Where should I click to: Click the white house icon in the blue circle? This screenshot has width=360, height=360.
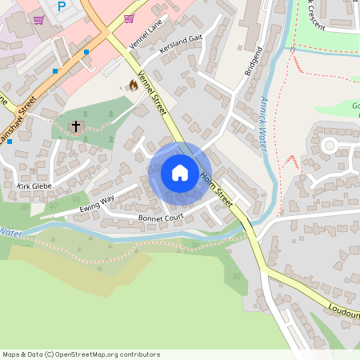tap(180, 173)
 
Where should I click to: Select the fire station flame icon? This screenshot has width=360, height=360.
tap(133, 84)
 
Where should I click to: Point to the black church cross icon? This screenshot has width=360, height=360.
tap(77, 126)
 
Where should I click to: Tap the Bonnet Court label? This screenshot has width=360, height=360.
tap(162, 217)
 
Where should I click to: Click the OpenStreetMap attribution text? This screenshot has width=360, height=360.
tap(81, 354)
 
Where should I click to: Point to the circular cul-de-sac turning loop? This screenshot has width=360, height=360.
tap(329, 146)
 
